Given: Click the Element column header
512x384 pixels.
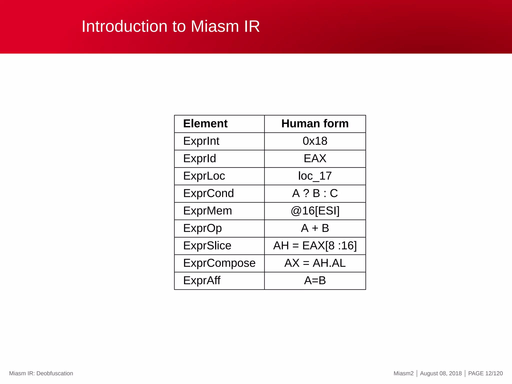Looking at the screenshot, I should pos(205,124).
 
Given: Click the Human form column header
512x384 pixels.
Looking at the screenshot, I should pos(315,124).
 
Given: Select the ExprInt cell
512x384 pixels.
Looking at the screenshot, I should pos(201,141).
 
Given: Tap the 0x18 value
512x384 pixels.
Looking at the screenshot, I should pos(315,141).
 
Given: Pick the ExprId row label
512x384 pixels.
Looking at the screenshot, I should pos(199,159).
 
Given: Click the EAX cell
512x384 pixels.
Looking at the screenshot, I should pos(315,159).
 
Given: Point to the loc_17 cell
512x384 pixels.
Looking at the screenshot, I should pos(315,176).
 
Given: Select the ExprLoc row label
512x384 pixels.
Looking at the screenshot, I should pos(204,176).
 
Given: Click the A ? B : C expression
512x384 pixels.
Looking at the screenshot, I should pos(315,193).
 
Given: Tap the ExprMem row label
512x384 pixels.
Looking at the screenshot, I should pos(207,211).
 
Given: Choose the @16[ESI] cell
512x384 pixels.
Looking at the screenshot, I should pos(315,211).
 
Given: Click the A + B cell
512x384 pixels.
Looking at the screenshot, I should pos(315,228).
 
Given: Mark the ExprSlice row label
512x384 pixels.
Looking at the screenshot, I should pos(207,246).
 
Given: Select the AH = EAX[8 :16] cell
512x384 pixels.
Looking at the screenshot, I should pos(315,246).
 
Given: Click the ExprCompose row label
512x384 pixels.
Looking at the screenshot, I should pos(219,263).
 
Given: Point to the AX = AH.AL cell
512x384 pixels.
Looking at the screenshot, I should pos(315,263).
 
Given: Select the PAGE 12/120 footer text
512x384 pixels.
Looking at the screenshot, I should pos(485,373).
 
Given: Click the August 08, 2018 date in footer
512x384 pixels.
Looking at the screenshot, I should pos(440,373).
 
